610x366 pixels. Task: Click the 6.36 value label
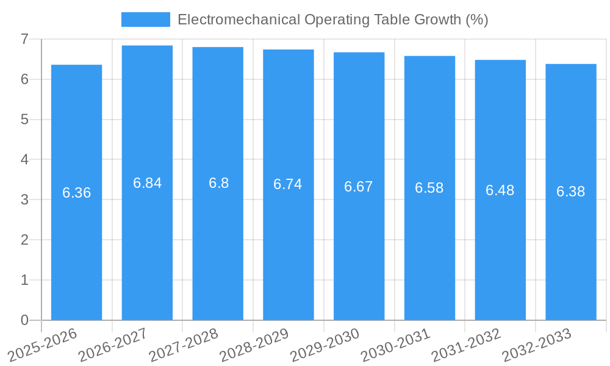coord(76,193)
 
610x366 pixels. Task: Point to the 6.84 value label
coord(147,183)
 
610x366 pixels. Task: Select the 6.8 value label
coord(218,183)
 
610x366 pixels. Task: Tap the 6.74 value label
coord(288,184)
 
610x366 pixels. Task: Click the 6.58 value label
coord(429,188)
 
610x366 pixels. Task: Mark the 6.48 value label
coord(500,190)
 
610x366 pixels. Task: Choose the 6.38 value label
coord(570,192)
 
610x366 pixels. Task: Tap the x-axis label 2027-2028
coord(184,345)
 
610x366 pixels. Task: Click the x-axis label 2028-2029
coord(254,345)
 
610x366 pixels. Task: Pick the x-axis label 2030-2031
coord(395,345)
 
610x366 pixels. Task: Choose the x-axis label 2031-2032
coord(466,345)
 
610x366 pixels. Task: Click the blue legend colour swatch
coord(146,20)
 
